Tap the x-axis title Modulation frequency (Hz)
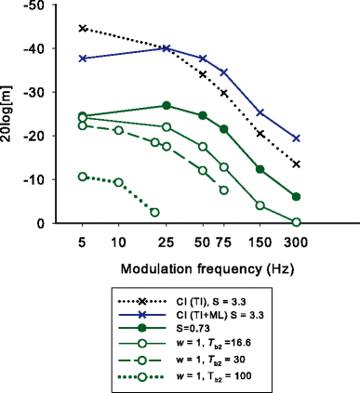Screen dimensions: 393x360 [x=193, y=268]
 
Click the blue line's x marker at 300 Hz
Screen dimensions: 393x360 [x=296, y=138]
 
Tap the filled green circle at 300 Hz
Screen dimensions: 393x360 [x=296, y=197]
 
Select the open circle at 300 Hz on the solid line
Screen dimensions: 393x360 [x=296, y=222]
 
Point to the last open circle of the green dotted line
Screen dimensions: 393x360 [x=154, y=212]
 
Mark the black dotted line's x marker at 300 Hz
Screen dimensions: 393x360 [x=296, y=164]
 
